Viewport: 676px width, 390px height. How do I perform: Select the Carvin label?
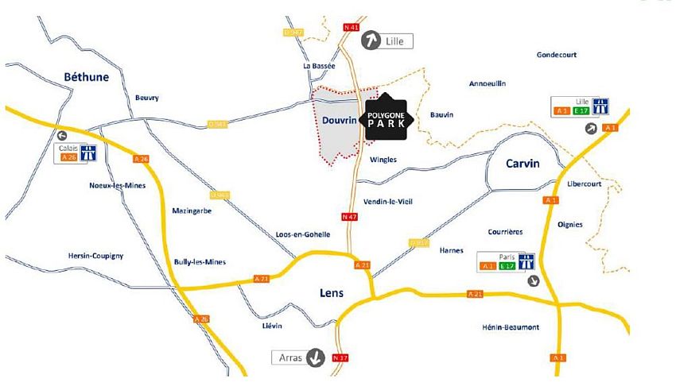point(523,163)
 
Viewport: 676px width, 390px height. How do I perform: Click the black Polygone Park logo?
point(386,120)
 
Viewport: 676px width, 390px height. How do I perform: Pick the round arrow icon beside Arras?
point(317,357)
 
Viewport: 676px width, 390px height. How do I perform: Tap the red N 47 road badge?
point(348,216)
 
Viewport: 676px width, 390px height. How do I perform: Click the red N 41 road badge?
point(350,27)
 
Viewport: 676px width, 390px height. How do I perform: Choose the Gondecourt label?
point(557,55)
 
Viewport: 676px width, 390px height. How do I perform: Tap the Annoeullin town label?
point(488,83)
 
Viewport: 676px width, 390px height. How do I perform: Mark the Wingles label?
point(383,160)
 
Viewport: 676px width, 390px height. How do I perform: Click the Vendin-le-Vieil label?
point(387,201)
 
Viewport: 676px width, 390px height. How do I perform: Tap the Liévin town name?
point(270,326)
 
